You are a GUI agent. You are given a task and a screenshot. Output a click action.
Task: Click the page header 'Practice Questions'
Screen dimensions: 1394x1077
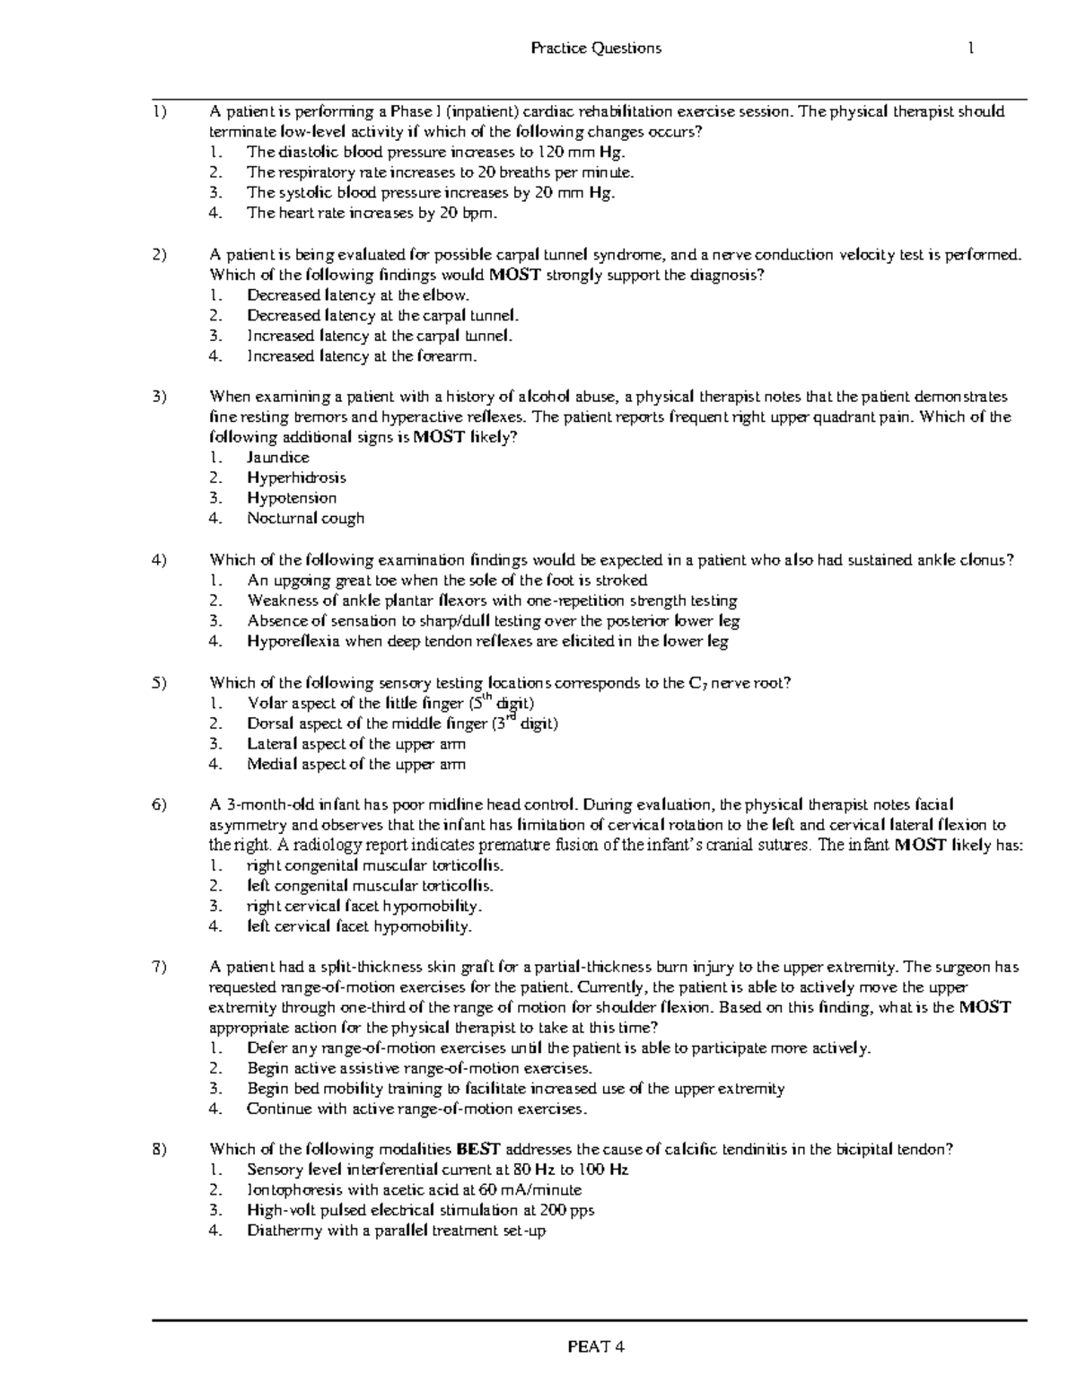click(x=596, y=48)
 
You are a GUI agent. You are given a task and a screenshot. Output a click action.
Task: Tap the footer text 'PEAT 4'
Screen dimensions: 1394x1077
click(x=594, y=1346)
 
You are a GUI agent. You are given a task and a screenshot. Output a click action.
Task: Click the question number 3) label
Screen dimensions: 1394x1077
click(x=160, y=397)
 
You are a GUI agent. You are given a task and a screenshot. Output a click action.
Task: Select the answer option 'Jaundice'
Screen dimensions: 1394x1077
click(x=278, y=458)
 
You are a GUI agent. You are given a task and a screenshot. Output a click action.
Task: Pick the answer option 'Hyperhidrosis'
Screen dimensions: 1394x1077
click(x=296, y=478)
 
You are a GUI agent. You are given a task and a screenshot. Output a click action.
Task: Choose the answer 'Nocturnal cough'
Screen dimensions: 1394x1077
click(x=305, y=518)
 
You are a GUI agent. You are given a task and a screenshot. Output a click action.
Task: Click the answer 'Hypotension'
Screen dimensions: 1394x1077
click(x=292, y=498)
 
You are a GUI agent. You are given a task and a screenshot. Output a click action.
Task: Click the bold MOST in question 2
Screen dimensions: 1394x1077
click(x=514, y=275)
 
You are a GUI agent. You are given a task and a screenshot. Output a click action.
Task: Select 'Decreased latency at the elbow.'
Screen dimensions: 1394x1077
click(x=358, y=295)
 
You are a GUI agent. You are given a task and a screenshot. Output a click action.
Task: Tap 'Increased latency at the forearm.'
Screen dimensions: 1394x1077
click(x=363, y=356)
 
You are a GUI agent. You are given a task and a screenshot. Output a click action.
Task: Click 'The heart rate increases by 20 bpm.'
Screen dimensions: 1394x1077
click(x=372, y=214)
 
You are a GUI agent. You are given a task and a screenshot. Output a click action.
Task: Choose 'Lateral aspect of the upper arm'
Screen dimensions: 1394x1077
click(x=356, y=744)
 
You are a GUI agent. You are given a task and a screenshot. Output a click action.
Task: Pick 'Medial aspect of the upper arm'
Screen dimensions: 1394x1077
click(x=356, y=765)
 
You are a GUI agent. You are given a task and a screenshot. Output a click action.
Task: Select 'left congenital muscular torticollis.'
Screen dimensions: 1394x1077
click(x=370, y=886)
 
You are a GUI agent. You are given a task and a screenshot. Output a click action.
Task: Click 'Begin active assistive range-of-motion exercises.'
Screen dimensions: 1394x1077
click(x=419, y=1068)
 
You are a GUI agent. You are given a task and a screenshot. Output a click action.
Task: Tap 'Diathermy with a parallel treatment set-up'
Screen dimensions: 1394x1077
click(x=396, y=1231)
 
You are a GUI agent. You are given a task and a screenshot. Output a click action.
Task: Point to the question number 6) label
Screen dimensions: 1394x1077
click(x=160, y=805)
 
